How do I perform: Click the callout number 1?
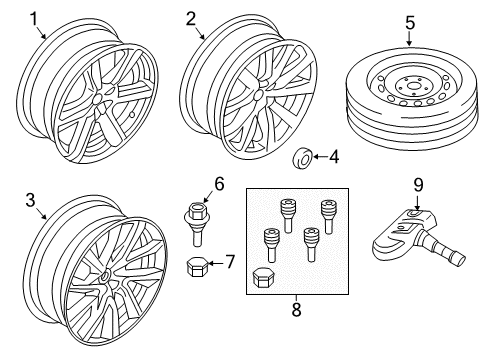[x=36, y=17]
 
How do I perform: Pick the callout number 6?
[x=219, y=183]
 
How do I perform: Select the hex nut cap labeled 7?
[x=197, y=266]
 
